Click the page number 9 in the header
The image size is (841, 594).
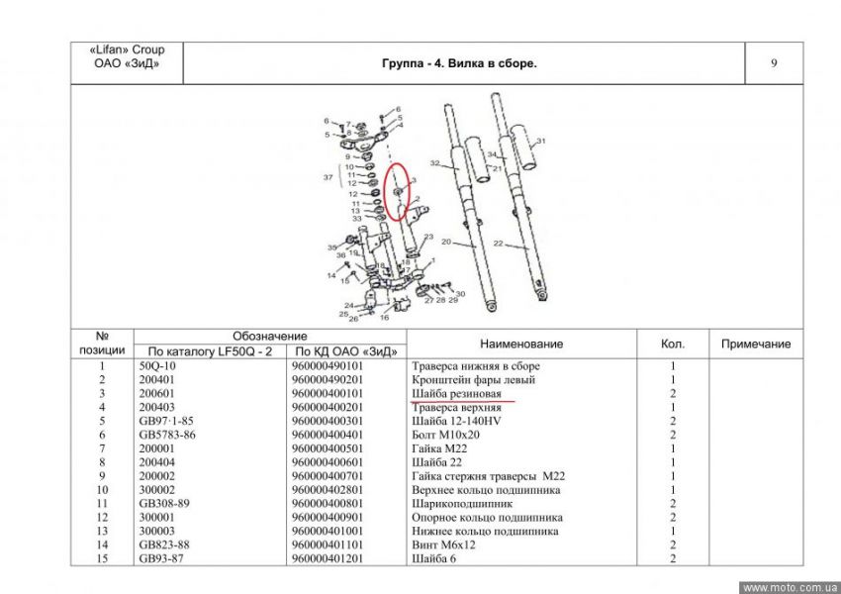click(x=773, y=64)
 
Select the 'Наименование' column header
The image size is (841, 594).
click(x=520, y=344)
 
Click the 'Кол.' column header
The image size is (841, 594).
click(x=673, y=344)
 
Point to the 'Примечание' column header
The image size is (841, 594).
click(x=756, y=344)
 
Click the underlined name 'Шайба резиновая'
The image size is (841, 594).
click(x=456, y=393)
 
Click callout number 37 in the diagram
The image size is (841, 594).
click(x=328, y=177)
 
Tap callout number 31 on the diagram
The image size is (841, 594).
click(x=541, y=142)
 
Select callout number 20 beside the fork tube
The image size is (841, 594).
click(x=445, y=242)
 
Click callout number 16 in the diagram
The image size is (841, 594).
click(x=384, y=318)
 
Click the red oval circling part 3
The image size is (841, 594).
click(x=396, y=191)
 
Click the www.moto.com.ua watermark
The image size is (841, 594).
click(x=790, y=586)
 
